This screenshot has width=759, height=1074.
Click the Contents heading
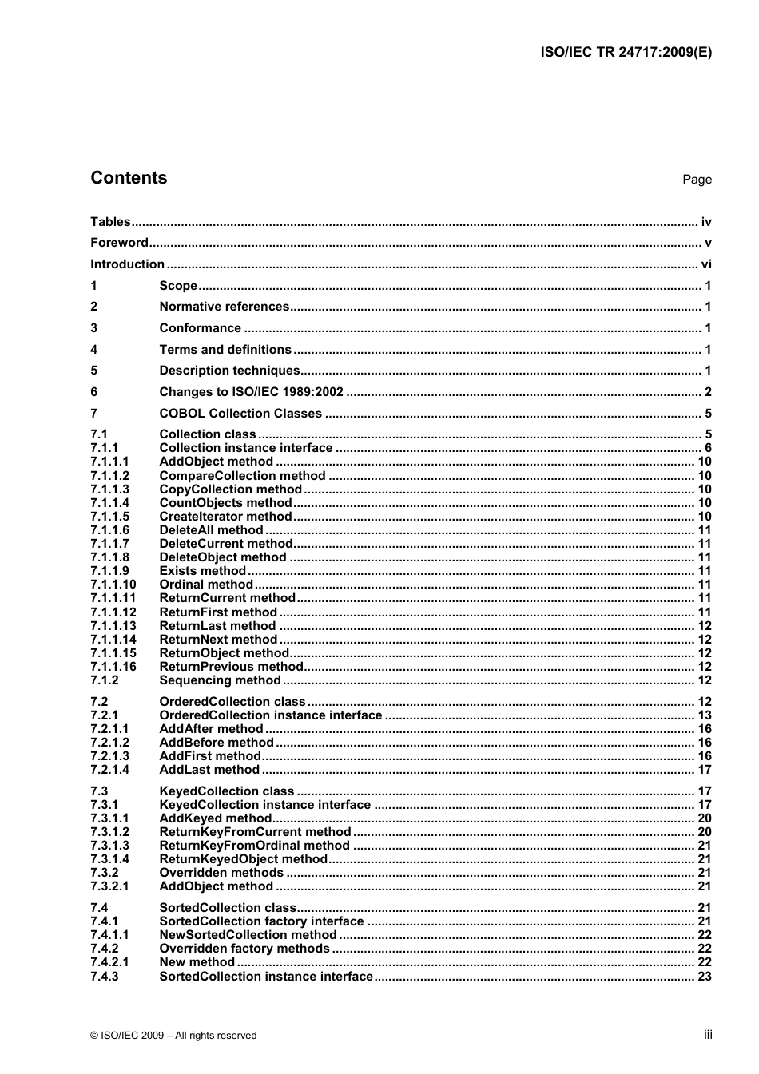(x=129, y=178)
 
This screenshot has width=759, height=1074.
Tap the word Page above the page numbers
(x=697, y=180)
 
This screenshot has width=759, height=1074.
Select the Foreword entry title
(x=119, y=243)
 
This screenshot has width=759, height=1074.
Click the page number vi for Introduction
(x=705, y=264)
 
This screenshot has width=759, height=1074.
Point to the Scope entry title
(x=178, y=286)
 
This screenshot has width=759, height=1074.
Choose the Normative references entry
(x=224, y=307)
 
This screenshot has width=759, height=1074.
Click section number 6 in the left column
(x=94, y=392)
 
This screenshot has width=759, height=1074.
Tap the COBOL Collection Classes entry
(x=240, y=414)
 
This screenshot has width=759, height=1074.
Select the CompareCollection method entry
(x=242, y=476)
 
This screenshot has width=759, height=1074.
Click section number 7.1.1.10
(x=113, y=585)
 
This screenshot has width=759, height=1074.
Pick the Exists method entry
(x=203, y=571)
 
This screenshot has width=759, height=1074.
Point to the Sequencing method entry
(x=220, y=680)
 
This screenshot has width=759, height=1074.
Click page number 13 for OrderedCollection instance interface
(x=704, y=715)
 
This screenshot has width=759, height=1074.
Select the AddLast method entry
(x=209, y=770)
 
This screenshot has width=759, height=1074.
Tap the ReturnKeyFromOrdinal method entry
(x=254, y=846)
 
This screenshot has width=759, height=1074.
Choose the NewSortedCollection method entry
(x=248, y=935)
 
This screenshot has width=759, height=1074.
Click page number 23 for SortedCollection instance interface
(x=704, y=977)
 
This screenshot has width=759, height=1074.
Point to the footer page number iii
(x=708, y=1035)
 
